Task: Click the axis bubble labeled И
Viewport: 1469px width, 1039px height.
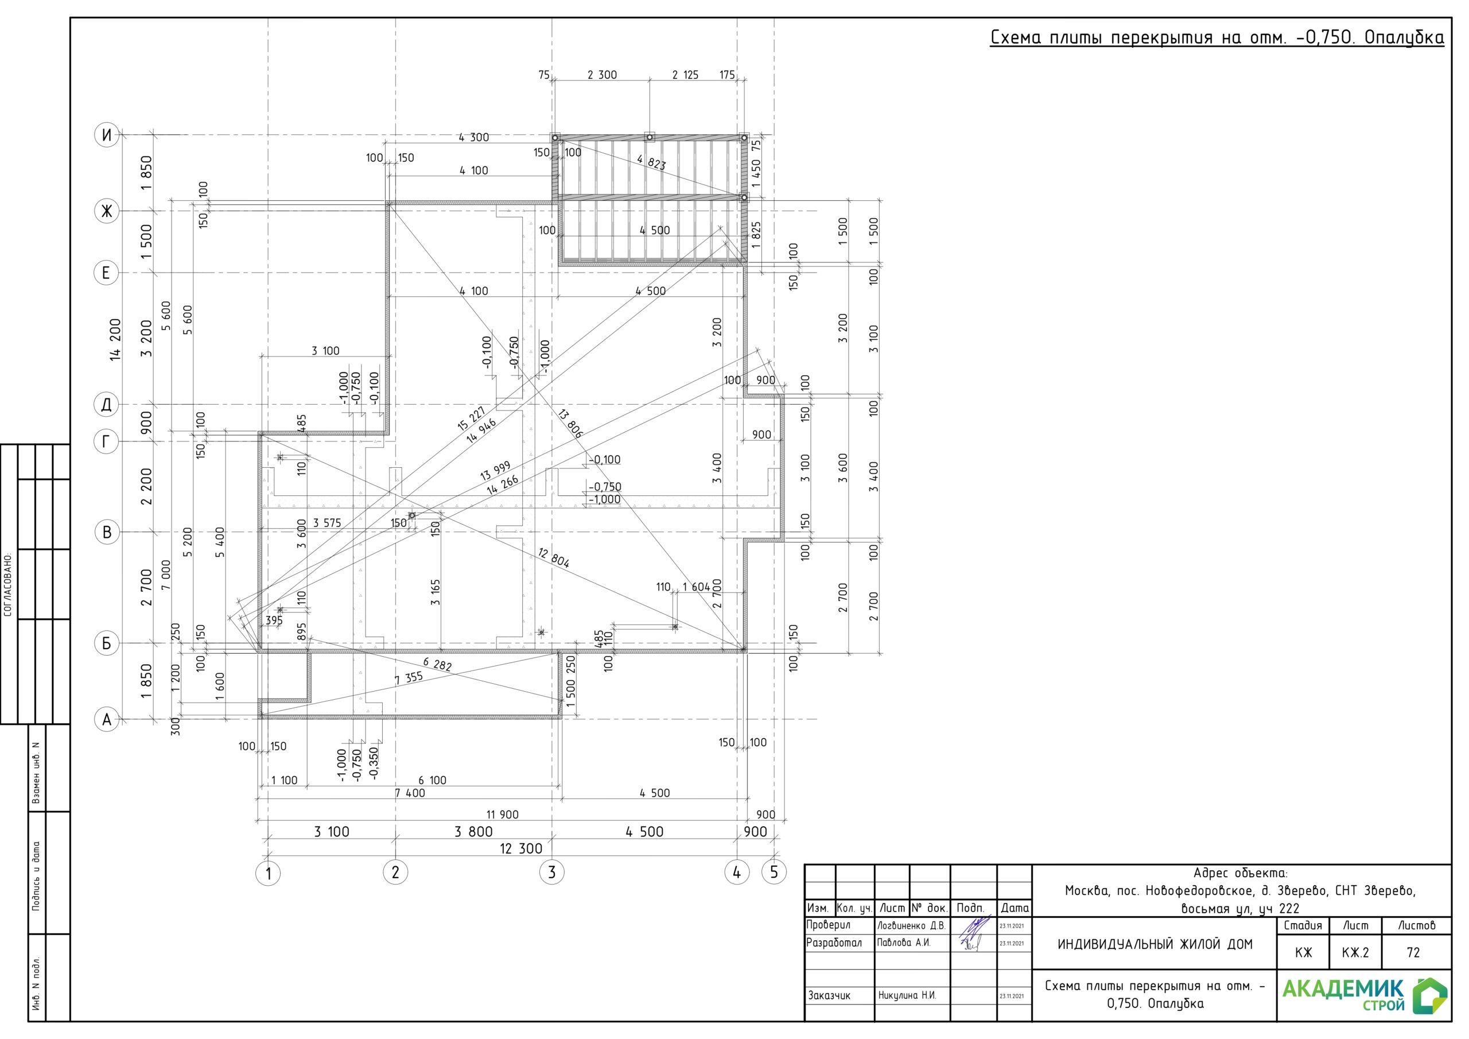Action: point(107,135)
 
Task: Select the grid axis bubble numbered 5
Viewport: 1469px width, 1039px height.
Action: point(774,872)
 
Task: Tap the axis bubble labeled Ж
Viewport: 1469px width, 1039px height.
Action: point(107,211)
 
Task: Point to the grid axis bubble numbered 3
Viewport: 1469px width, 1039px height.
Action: point(552,872)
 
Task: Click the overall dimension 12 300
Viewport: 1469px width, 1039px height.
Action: point(521,849)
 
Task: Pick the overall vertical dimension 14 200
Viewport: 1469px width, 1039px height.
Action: point(115,339)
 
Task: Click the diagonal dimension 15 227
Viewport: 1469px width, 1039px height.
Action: point(472,418)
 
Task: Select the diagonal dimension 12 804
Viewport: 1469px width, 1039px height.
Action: point(553,557)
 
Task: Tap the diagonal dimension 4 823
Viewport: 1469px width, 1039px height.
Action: point(651,162)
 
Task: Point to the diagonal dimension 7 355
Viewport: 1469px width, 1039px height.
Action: point(408,678)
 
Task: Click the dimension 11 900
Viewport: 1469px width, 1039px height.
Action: point(502,815)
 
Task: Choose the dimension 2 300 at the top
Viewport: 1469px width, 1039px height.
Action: point(602,75)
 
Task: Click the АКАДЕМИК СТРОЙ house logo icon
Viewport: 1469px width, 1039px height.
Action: point(1431,996)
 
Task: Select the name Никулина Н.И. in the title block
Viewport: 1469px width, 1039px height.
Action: point(907,995)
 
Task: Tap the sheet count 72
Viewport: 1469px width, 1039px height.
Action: point(1413,952)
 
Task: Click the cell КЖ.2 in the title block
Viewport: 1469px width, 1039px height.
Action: point(1356,952)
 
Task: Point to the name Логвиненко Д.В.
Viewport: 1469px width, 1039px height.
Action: point(911,926)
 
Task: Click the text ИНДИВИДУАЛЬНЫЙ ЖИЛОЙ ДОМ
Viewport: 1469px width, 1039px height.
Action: point(1155,944)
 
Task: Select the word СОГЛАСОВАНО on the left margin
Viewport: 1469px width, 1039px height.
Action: point(8,584)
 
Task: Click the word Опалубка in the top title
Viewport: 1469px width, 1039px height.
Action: point(1404,38)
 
